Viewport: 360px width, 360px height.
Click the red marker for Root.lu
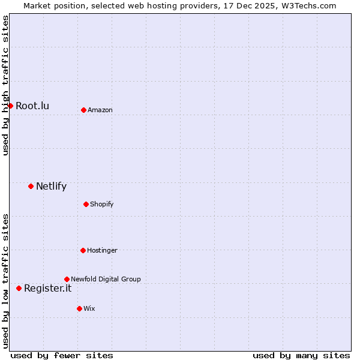click(10, 106)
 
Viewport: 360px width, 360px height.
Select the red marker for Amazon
click(83, 110)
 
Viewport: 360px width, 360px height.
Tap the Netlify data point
click(31, 186)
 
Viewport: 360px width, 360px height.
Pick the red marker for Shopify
click(86, 204)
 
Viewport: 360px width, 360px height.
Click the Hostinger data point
click(83, 250)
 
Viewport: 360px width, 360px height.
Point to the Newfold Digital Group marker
click(67, 279)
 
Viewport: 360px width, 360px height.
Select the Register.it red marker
click(19, 288)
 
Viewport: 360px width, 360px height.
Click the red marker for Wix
click(79, 308)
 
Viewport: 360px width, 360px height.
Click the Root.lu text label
click(32, 106)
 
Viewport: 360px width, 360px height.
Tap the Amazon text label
click(100, 110)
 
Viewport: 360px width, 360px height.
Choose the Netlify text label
click(51, 186)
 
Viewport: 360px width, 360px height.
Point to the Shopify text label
click(102, 205)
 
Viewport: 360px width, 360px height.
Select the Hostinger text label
click(102, 251)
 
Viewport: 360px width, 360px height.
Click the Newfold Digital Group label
click(106, 280)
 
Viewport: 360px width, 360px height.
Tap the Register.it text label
click(47, 289)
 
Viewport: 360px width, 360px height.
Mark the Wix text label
click(89, 309)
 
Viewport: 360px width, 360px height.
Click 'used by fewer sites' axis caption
click(62, 356)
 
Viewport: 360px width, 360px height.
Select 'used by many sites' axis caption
click(301, 356)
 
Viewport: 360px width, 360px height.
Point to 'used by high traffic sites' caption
click(5, 85)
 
